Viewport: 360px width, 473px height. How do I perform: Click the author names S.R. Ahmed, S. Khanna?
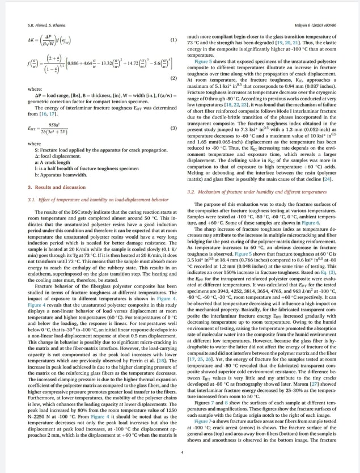click(x=46, y=26)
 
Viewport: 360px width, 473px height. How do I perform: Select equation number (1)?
click(x=173, y=40)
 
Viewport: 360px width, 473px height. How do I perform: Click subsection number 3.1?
click(x=32, y=200)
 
